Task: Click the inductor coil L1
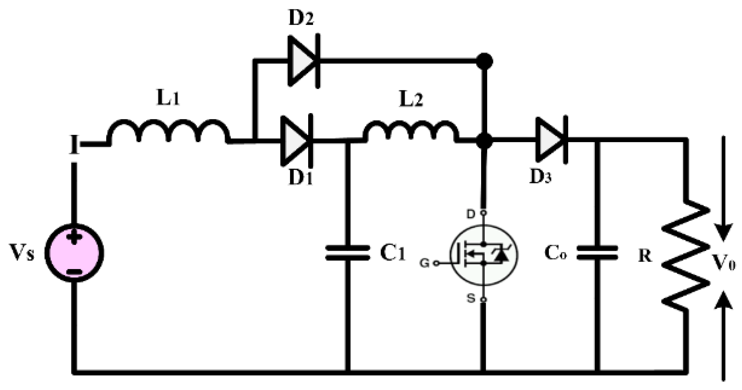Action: click(x=168, y=132)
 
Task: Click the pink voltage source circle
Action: click(x=74, y=253)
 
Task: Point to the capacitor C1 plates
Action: click(x=348, y=253)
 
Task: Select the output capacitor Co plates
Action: click(x=597, y=253)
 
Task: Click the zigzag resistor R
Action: click(x=686, y=256)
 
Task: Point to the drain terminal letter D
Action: click(x=470, y=214)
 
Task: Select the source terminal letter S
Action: click(x=470, y=299)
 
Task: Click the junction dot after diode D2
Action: click(x=484, y=61)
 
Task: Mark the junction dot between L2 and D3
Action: click(x=484, y=141)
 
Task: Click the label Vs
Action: click(x=22, y=253)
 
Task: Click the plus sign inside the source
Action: click(x=74, y=238)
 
